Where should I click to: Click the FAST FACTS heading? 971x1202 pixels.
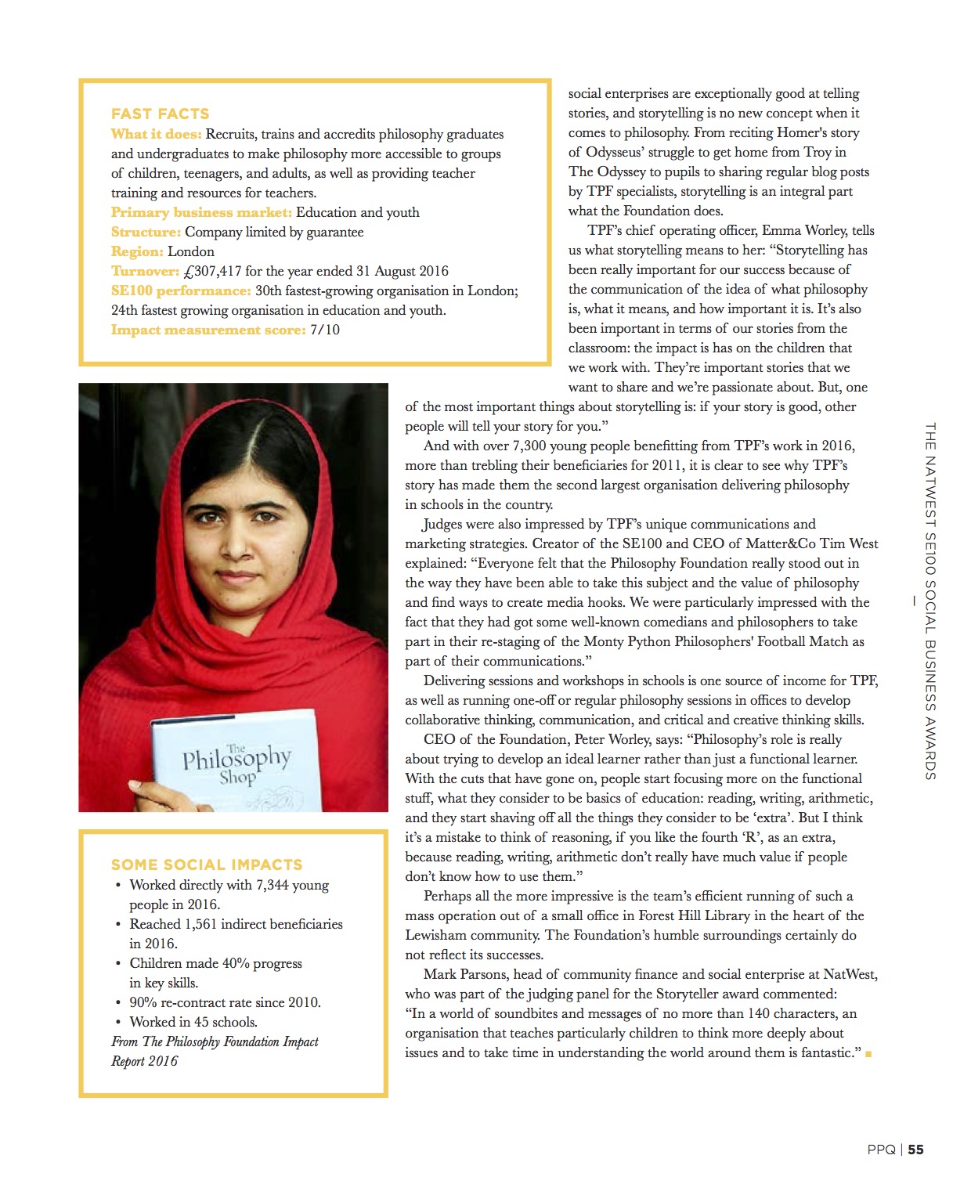point(160,114)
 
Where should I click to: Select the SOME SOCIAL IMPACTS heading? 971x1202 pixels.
point(207,865)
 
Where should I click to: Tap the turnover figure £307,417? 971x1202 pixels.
point(211,271)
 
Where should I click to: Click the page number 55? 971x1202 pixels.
point(915,1150)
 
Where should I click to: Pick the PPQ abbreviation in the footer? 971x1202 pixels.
point(881,1150)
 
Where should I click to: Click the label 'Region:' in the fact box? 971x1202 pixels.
point(137,251)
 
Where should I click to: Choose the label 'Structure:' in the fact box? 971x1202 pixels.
point(146,232)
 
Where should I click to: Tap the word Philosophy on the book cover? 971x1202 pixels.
point(236,757)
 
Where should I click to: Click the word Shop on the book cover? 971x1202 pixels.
point(237,778)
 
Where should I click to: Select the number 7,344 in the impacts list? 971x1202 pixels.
point(273,885)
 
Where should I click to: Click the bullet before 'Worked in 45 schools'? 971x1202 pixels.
point(118,1022)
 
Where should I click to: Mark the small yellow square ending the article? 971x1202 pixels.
point(868,1054)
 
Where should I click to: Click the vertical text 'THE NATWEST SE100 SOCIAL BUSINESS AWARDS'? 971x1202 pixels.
point(930,601)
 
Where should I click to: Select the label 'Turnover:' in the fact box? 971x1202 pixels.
point(145,271)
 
